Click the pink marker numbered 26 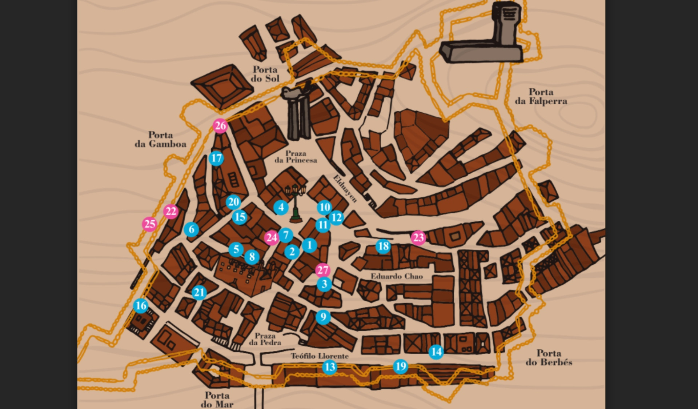220,126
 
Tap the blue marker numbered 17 216,158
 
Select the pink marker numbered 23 418,238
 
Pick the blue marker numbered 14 436,352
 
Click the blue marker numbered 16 141,306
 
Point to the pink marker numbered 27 322,270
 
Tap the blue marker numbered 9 323,317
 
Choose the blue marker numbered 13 330,367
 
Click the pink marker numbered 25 150,224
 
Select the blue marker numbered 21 199,292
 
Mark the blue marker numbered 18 383,246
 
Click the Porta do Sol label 265,74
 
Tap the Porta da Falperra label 541,96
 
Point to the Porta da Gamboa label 160,140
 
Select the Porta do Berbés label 549,357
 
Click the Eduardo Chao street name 397,276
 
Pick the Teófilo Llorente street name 320,356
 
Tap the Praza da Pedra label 265,339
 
